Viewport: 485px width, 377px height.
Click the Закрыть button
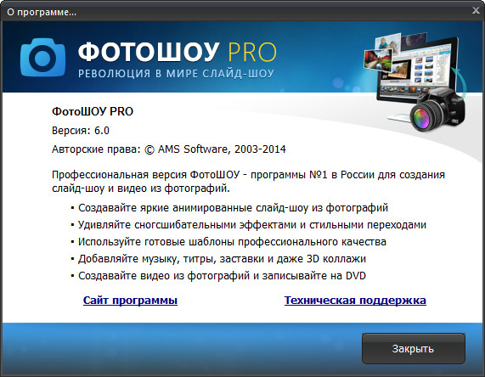(x=414, y=348)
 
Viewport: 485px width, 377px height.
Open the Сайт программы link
(x=130, y=301)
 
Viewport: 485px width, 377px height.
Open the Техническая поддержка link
(x=355, y=301)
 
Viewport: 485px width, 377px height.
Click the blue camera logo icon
(x=42, y=57)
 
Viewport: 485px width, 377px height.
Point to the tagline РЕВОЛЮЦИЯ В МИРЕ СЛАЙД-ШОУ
(x=176, y=74)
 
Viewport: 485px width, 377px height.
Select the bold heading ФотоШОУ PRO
(x=93, y=110)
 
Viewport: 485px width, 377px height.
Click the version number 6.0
(x=102, y=130)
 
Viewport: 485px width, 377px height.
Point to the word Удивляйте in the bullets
(x=104, y=225)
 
